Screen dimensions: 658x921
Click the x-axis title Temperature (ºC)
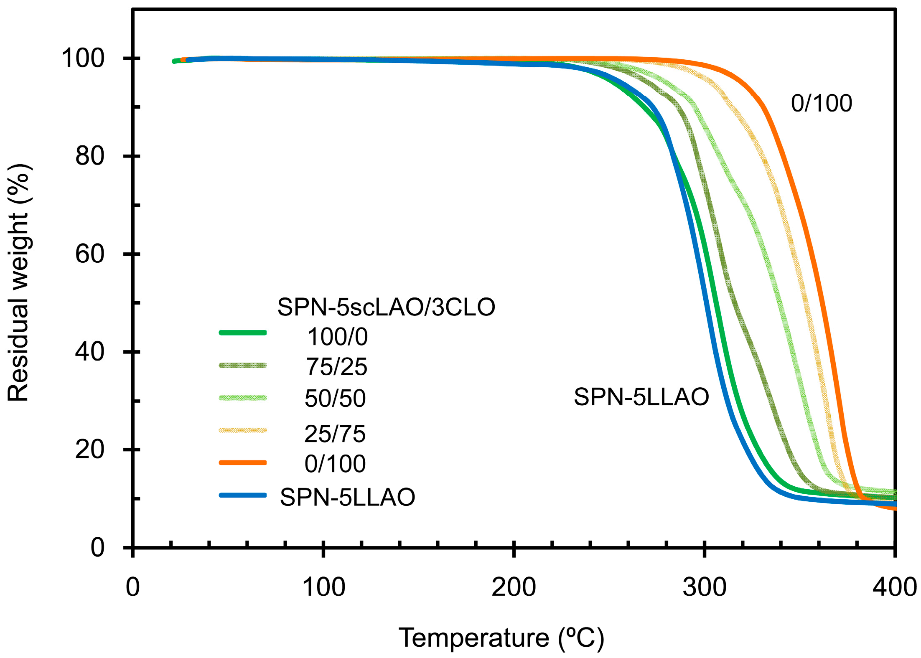pos(501,638)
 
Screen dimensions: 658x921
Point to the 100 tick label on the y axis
pos(83,58)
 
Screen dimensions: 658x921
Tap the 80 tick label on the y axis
pos(89,156)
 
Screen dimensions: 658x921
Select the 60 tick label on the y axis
pos(89,254)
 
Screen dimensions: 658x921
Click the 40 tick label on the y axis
pos(89,351)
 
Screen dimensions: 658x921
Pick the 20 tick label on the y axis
pos(89,450)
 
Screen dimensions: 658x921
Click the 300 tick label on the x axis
pos(705,587)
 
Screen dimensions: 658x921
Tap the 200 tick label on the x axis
pos(514,587)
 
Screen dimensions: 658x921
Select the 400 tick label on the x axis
pos(894,587)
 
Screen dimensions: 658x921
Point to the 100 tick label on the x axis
pos(323,587)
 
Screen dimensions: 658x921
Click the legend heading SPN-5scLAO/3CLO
pos(386,307)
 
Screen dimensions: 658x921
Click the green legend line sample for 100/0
pos(243,333)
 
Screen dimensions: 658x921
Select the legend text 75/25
pos(336,367)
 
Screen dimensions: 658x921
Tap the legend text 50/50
pos(335,398)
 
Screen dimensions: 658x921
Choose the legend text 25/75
pos(335,434)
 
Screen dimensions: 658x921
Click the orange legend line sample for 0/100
pos(243,462)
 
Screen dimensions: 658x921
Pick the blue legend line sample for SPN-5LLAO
pos(243,495)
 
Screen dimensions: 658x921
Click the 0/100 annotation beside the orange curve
pos(821,103)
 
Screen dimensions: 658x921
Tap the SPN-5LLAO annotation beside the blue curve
pos(641,396)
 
